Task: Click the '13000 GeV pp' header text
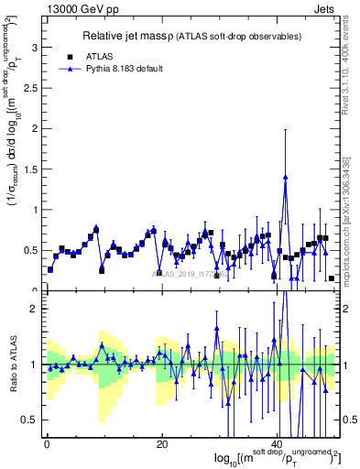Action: pyautogui.click(x=83, y=11)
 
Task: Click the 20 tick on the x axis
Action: pyautogui.click(x=162, y=445)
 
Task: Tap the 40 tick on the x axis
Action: pyautogui.click(x=278, y=445)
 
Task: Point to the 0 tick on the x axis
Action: pyautogui.click(x=46, y=445)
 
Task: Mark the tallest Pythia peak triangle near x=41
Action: pyautogui.click(x=286, y=177)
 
